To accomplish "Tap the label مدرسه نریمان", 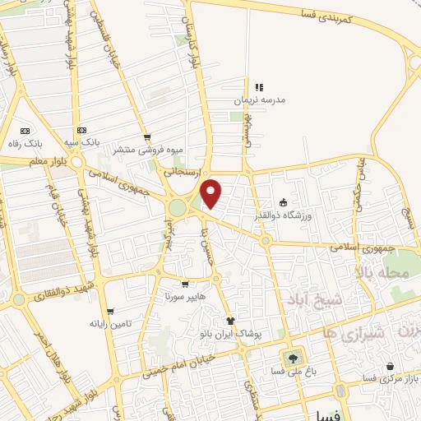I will (x=261, y=99).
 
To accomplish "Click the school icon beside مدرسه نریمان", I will (x=259, y=87).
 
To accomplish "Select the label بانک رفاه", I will (x=25, y=143).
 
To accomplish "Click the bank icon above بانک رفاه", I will (x=25, y=131).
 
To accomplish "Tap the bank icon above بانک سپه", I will (x=81, y=130).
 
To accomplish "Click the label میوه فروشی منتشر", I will (x=147, y=150).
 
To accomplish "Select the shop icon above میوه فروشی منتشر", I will (x=147, y=137).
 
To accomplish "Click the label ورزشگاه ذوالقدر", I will (x=285, y=215).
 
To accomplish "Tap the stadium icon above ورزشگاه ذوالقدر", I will (x=284, y=202).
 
